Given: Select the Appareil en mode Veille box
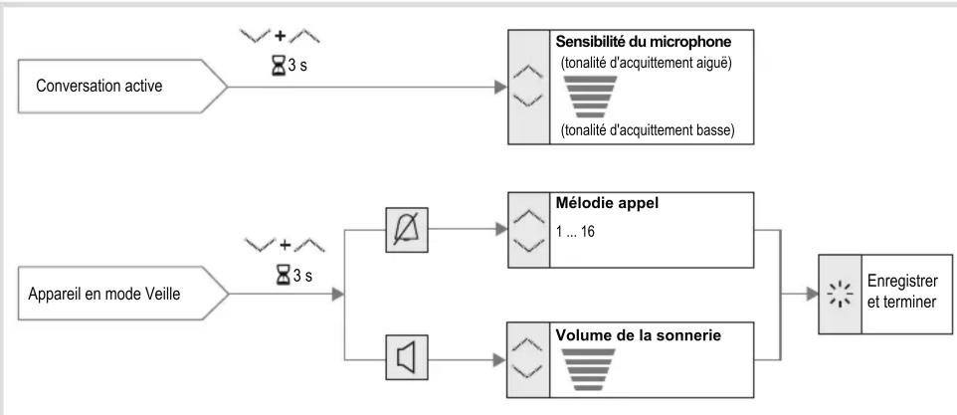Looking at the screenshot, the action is [x=122, y=294].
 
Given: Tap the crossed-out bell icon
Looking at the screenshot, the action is [x=407, y=230].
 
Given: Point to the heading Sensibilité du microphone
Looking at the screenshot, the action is [x=644, y=42].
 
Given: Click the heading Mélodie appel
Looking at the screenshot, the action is [x=607, y=203].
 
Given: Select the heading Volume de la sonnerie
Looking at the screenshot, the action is [x=639, y=335].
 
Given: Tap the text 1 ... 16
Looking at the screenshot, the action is [x=576, y=233].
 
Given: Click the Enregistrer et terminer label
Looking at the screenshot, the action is [x=902, y=292].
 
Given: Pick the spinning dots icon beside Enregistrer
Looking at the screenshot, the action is [x=840, y=295].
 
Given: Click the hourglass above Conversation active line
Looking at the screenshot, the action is [x=279, y=65].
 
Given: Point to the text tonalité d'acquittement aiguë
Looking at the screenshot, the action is [x=646, y=63].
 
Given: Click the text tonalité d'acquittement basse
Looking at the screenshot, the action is [x=647, y=130].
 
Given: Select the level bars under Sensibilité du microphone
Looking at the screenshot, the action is [x=590, y=97].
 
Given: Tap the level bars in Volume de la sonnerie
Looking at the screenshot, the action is [x=588, y=369].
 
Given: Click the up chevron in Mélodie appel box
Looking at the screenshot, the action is [x=528, y=216].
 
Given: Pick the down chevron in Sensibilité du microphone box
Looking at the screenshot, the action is [x=528, y=100].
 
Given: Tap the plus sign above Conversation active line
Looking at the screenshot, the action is [x=280, y=36].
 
